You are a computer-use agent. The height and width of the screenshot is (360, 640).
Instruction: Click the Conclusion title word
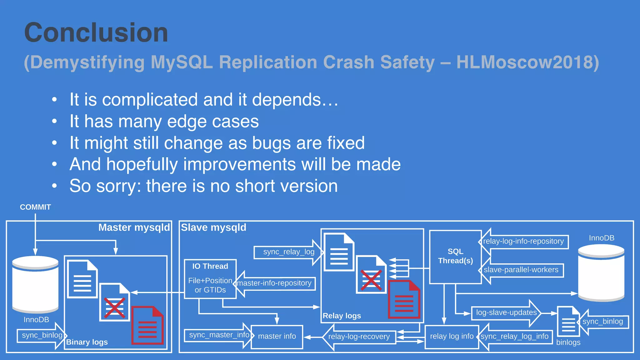click(96, 33)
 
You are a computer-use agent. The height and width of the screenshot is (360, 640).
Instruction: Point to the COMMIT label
click(35, 207)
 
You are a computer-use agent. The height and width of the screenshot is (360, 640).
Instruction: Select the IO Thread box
click(210, 278)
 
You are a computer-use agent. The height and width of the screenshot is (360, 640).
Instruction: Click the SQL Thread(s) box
click(455, 256)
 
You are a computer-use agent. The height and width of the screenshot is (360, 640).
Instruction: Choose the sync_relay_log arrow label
click(288, 252)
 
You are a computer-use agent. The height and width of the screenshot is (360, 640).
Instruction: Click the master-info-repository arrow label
click(274, 283)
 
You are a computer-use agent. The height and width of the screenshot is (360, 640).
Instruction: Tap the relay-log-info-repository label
click(523, 241)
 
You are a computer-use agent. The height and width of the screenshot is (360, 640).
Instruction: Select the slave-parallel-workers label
click(521, 270)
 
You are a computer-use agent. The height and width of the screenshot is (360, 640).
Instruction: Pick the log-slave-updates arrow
click(506, 312)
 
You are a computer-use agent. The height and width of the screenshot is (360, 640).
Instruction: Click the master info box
click(277, 336)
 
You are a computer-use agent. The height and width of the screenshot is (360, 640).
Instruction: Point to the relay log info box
click(452, 336)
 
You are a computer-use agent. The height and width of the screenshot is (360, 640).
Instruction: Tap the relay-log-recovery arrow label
click(359, 337)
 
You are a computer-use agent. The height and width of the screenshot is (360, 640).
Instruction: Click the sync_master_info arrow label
click(219, 335)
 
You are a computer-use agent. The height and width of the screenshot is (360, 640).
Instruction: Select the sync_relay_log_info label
click(514, 336)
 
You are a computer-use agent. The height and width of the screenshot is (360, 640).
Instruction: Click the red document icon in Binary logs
click(147, 326)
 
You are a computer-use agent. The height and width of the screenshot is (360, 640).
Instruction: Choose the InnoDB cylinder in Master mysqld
click(35, 284)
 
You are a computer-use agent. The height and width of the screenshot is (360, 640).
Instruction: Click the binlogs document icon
click(568, 322)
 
